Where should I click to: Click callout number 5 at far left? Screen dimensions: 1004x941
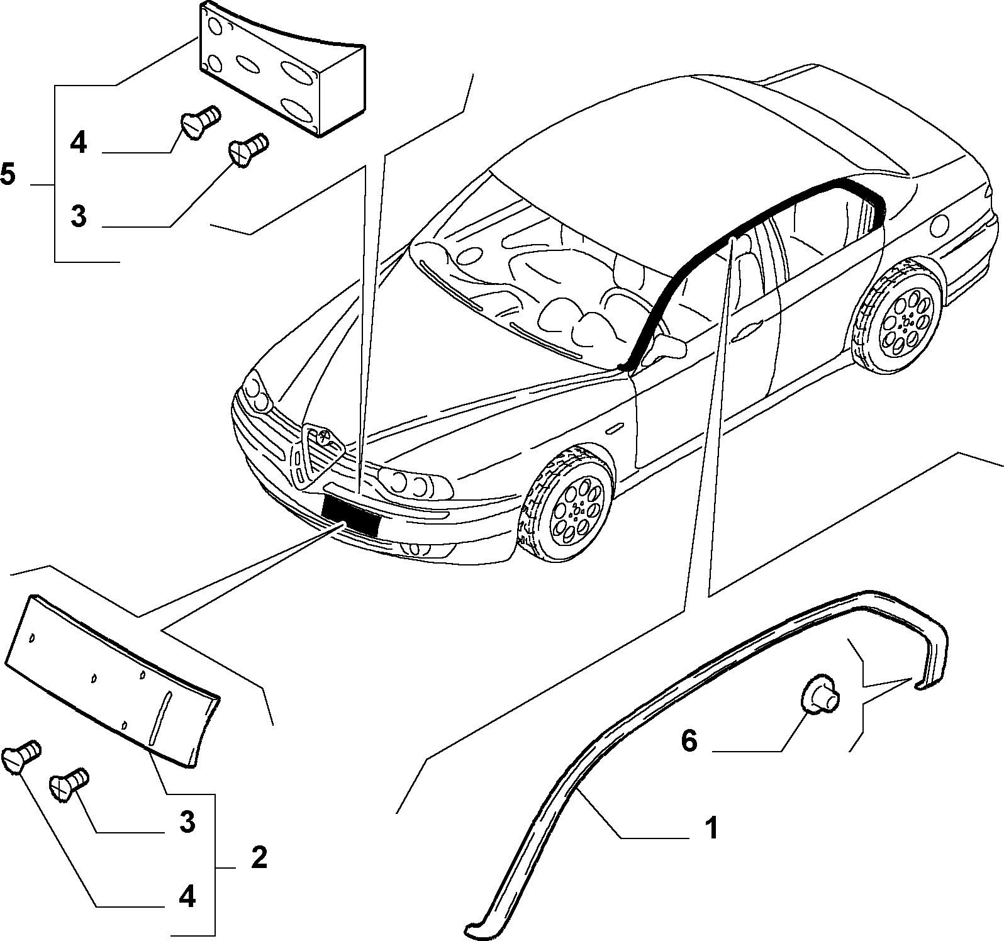click(8, 174)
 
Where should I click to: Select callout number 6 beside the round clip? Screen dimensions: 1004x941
click(689, 742)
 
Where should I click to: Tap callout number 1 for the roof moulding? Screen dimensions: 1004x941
click(711, 828)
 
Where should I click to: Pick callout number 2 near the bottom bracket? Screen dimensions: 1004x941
click(259, 857)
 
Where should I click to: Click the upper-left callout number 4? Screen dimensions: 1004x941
click(78, 143)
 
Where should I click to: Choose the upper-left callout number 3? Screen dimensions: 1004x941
click(78, 216)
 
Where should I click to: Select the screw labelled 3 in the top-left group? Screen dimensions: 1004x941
click(247, 149)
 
